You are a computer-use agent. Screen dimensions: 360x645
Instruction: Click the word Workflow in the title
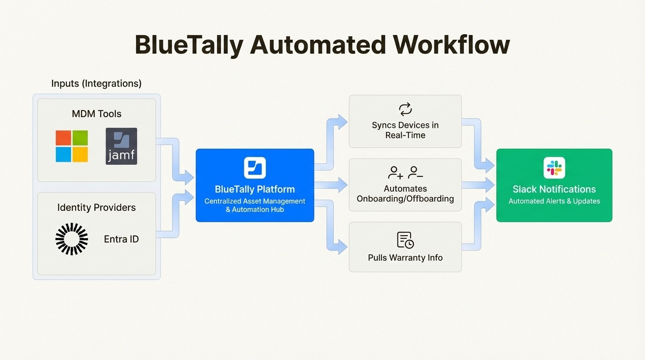click(451, 45)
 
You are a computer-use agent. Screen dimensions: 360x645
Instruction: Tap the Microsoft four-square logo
click(72, 146)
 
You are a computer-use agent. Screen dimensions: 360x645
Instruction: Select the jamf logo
click(121, 146)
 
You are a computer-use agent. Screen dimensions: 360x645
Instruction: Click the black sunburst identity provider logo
click(72, 239)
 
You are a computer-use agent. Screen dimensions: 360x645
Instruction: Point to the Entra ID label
click(121, 239)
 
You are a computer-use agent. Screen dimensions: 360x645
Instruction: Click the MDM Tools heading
click(97, 113)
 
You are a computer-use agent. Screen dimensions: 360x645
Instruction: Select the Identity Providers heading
click(97, 207)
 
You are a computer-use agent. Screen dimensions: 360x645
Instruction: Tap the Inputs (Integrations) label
click(96, 83)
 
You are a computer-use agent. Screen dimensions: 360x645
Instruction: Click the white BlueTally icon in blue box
click(255, 168)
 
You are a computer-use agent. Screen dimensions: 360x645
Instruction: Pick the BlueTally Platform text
click(255, 189)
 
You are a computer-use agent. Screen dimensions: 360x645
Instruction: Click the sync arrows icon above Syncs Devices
click(405, 109)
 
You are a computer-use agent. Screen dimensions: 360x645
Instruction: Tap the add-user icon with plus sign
click(395, 173)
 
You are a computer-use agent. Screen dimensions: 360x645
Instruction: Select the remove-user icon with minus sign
click(415, 173)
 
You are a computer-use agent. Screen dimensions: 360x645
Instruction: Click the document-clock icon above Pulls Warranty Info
click(405, 240)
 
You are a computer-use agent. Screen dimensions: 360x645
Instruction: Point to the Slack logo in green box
click(554, 168)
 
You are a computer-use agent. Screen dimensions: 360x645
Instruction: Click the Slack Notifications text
click(554, 189)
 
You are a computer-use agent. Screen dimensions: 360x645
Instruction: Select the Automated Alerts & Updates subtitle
click(554, 201)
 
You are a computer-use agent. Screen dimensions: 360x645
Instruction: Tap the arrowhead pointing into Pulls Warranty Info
click(342, 247)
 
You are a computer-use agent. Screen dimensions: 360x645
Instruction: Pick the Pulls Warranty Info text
click(405, 258)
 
